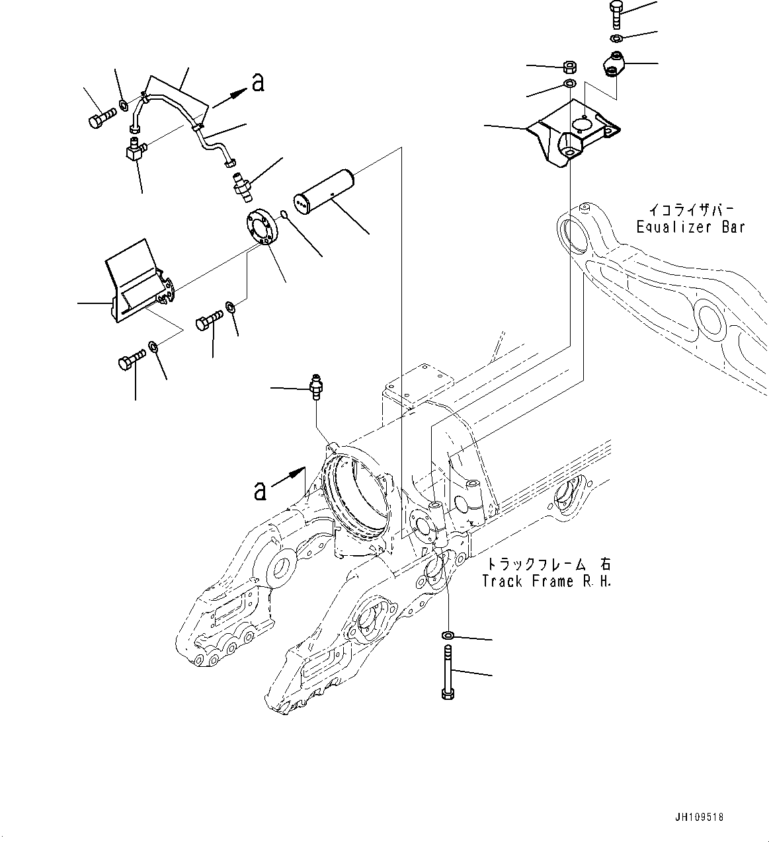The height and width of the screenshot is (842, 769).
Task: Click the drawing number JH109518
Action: [700, 817]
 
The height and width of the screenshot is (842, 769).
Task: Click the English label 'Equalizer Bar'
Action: [690, 227]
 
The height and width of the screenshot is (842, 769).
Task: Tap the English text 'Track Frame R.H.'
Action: [547, 582]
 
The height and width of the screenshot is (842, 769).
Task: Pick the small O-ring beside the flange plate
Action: [283, 213]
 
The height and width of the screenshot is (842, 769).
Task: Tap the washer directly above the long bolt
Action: [448, 635]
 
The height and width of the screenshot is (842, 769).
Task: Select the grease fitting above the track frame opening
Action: [316, 385]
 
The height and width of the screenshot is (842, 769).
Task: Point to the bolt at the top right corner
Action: [614, 13]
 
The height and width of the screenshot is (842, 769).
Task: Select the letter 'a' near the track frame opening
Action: [261, 490]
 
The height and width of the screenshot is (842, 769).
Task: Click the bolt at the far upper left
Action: [100, 118]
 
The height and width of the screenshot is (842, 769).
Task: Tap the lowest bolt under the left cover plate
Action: [131, 362]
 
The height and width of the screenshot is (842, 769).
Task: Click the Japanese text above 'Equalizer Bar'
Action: [690, 210]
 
